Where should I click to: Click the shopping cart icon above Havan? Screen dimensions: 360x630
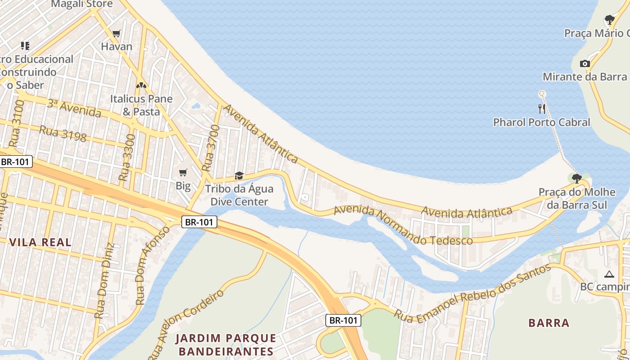point(116,33)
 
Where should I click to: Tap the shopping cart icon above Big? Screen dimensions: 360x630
point(183,173)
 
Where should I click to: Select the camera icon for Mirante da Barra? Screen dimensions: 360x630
point(585,63)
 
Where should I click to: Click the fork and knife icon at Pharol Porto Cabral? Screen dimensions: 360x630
point(542,108)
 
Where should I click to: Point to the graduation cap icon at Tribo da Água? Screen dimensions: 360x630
point(239,175)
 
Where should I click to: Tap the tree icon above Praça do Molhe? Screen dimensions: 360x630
point(576,179)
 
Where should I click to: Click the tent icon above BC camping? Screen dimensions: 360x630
point(609,274)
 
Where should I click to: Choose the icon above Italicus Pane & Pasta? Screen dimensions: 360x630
point(141,85)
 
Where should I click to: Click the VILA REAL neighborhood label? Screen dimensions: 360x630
point(40,242)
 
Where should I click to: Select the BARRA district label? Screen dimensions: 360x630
point(549,323)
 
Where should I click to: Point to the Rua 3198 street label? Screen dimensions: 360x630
point(63,133)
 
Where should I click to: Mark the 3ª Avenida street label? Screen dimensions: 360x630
point(74,108)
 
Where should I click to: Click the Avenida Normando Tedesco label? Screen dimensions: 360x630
point(403,225)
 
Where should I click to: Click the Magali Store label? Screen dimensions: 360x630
point(82,4)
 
